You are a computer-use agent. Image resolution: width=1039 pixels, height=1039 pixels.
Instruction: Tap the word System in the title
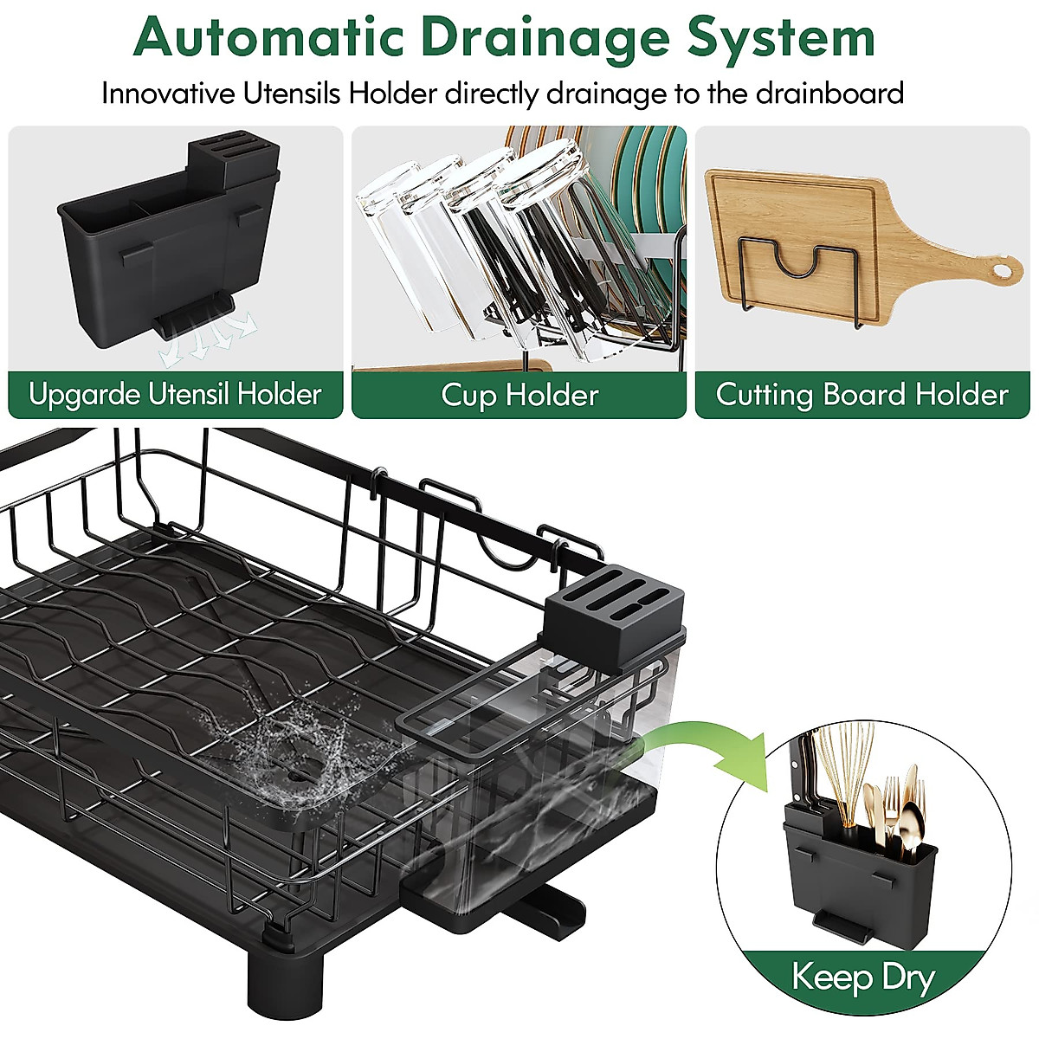[781, 37]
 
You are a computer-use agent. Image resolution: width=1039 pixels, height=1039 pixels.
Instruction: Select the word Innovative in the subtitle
[168, 93]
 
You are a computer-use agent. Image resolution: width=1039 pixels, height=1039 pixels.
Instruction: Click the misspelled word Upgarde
[84, 395]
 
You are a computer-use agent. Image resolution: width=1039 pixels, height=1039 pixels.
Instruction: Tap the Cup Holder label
[519, 396]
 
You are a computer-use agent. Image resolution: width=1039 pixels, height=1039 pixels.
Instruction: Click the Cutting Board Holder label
[862, 396]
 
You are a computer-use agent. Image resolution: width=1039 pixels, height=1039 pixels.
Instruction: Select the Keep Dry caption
[863, 978]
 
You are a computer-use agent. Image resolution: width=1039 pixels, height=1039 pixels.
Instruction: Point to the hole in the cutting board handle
[1001, 271]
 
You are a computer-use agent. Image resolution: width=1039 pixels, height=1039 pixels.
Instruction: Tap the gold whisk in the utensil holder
[844, 771]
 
